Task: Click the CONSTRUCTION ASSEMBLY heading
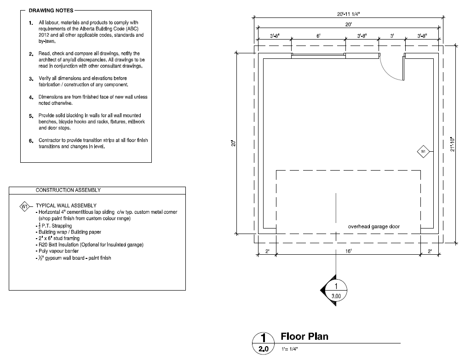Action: pos(68,190)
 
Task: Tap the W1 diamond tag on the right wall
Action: pos(423,151)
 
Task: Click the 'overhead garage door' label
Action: pos(373,227)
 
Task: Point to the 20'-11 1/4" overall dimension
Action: pos(349,14)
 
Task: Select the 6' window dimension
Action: pos(318,36)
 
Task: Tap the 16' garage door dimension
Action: pos(348,251)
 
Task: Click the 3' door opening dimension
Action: pos(392,36)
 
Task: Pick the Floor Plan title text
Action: pos(304,337)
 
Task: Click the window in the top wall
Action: pos(318,56)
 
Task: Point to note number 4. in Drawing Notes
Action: pos(31,97)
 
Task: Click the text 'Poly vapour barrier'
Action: pos(56,251)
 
